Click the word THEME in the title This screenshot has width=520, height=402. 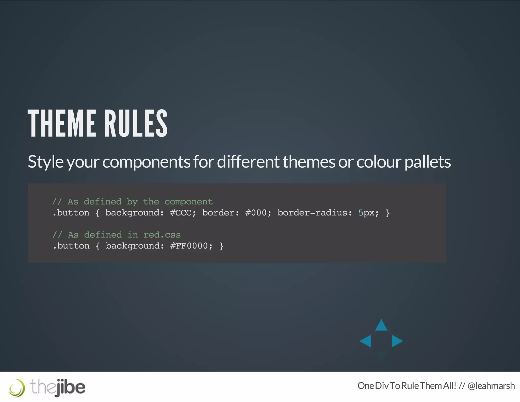click(61, 123)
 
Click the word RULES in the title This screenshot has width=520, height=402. click(136, 123)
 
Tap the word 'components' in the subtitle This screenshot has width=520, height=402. click(146, 162)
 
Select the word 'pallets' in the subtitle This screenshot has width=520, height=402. click(428, 162)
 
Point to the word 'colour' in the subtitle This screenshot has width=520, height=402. click(379, 162)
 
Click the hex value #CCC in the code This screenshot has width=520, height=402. click(181, 213)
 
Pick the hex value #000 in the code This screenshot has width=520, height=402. click(256, 213)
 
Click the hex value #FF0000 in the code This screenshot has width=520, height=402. click(189, 246)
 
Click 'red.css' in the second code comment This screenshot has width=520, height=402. click(162, 235)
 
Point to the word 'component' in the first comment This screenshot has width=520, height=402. click(188, 202)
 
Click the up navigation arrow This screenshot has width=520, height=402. click(381, 326)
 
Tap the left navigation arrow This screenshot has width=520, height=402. click(366, 341)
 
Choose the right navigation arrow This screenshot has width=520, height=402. click(397, 341)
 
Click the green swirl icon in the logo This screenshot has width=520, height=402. click(17, 388)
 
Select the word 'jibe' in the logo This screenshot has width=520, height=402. click(71, 387)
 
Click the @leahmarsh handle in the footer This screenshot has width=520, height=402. click(491, 386)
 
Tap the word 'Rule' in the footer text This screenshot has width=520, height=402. click(410, 386)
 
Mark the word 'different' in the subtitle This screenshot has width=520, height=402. click(248, 162)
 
